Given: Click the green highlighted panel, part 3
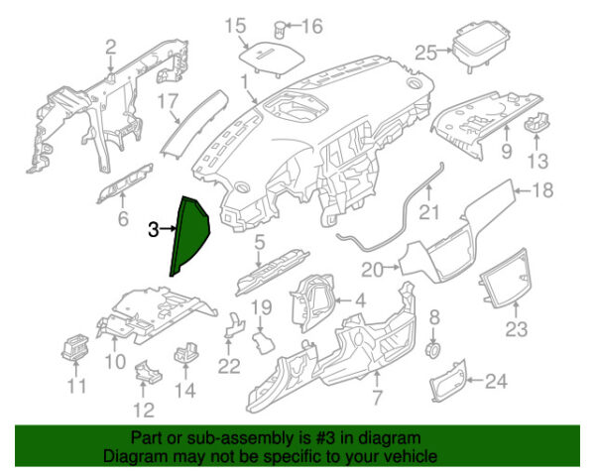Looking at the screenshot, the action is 188,239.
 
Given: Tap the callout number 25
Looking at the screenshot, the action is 425,51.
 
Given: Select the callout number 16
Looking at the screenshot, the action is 312,26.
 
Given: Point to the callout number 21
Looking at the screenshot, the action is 428,212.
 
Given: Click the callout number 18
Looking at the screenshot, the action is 542,190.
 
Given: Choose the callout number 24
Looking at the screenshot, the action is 496,379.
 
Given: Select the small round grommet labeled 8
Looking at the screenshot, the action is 432,351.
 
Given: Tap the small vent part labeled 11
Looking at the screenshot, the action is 74,350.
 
